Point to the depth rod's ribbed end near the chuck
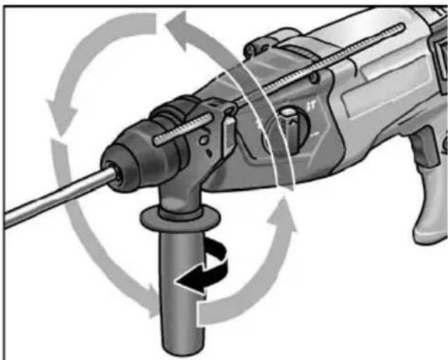(x=172, y=134)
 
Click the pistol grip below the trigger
(x=429, y=211)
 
